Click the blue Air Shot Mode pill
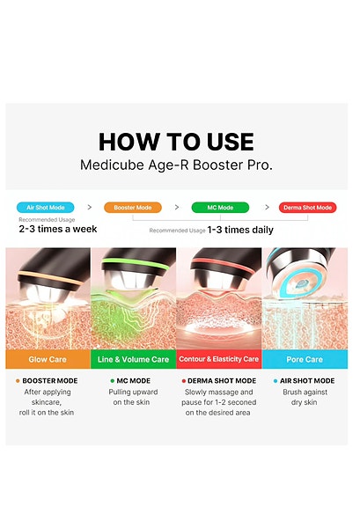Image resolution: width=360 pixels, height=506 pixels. pos(46,208)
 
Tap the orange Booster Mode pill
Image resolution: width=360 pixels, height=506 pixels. pos(133,208)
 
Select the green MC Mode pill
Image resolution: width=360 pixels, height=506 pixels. pos(220,208)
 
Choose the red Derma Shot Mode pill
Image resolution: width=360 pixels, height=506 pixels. pos(308,208)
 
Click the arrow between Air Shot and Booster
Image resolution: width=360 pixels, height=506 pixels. pos(90,207)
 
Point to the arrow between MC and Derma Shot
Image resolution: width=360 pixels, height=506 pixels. pos(267,207)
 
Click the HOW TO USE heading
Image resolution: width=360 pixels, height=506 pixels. pos(176,142)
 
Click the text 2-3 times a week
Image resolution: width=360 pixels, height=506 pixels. pos(58,229)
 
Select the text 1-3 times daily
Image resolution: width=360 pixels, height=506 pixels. pos(240,230)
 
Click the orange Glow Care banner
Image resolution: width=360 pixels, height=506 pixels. pos(48,359)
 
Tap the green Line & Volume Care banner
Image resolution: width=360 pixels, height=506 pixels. pos(133,359)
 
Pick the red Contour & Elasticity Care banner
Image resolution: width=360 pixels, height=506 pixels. pos(219,359)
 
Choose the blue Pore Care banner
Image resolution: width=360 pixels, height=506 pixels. pos(305,359)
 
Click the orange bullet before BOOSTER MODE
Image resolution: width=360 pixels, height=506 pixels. pos(18,381)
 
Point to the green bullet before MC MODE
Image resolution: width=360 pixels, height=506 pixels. pos(112,381)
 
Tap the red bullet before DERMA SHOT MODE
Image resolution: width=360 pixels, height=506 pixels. pos(183,381)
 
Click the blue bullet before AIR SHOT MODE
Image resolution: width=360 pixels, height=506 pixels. pos(276,381)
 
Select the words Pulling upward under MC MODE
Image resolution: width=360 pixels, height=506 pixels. pos(133,392)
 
